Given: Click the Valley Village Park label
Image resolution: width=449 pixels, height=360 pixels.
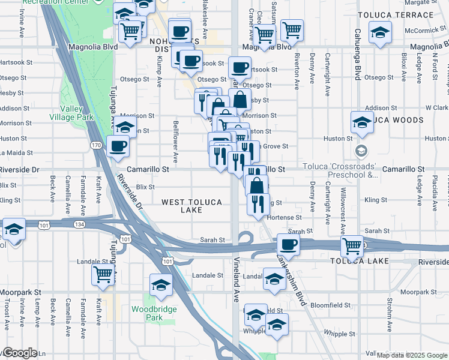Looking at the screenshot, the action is (x=76, y=112).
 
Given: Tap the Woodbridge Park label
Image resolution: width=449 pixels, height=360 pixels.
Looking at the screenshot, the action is (x=147, y=313).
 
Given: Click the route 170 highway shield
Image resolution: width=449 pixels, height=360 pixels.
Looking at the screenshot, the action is (x=96, y=145).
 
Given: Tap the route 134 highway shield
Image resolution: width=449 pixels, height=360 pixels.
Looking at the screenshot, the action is (x=79, y=224).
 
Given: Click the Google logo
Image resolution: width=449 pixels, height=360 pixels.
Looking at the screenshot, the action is (x=19, y=353).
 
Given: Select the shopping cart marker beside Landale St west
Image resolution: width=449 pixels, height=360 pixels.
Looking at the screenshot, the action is (x=103, y=275).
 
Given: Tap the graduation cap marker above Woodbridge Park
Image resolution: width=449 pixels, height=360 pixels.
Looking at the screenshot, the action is (x=161, y=285).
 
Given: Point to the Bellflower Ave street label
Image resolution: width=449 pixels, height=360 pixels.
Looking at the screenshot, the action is (x=176, y=149).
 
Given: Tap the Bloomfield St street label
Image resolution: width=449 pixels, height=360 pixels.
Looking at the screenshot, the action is (x=330, y=305).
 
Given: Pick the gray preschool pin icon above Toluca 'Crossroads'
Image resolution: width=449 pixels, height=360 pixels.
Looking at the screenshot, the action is (x=360, y=149).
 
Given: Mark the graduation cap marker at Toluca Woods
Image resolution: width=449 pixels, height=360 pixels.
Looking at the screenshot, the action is (x=362, y=122).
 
